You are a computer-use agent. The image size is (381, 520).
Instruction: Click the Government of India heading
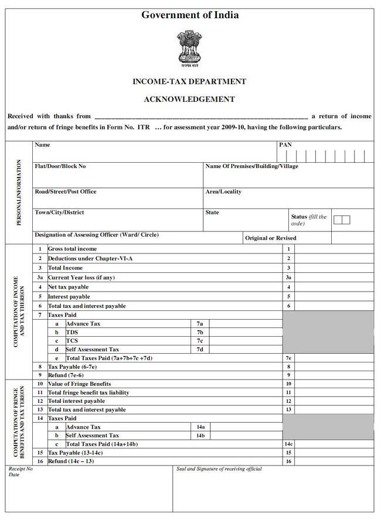point(190,15)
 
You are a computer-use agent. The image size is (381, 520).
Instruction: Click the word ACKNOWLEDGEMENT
point(189,100)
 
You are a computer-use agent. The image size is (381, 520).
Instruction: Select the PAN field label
point(285,145)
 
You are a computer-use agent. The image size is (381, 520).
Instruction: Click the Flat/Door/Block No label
point(60,166)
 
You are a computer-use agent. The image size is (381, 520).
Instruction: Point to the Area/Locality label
point(223,191)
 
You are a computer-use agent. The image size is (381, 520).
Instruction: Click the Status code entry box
point(342,220)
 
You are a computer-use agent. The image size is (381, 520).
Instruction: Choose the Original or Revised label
point(271,238)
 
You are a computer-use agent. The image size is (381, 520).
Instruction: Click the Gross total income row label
point(72,249)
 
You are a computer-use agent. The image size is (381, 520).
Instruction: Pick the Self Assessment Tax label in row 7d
point(92,350)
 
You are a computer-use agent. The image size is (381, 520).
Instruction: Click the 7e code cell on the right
point(288,358)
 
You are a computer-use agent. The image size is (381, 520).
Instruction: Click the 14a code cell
point(200,427)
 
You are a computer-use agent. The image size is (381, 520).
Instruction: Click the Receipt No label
point(21,469)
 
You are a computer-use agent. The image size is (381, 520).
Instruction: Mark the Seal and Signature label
point(219,469)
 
